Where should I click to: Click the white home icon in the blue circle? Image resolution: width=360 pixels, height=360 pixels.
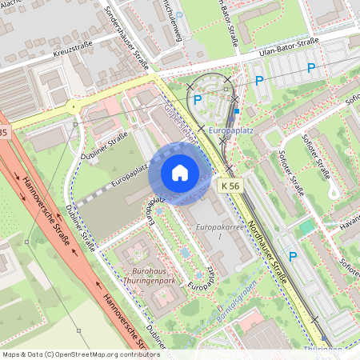click(179, 173)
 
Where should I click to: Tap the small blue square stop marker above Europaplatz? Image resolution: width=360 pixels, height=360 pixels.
click(236, 110)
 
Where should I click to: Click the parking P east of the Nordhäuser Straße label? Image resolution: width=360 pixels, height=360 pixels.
click(293, 257)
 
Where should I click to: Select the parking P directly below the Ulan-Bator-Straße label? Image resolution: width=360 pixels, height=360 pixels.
click(258, 80)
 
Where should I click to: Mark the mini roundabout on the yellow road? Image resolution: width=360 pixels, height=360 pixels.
click(73, 105)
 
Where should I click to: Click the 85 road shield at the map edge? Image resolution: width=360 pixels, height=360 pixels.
click(3, 130)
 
